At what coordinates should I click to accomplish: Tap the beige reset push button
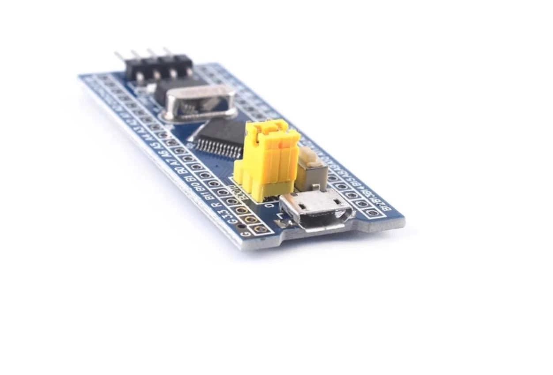coord(311,169)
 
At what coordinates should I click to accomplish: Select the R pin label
coord(215,204)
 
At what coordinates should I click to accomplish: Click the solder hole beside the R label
coord(232,201)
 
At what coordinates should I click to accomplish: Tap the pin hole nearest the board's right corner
coord(373,213)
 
